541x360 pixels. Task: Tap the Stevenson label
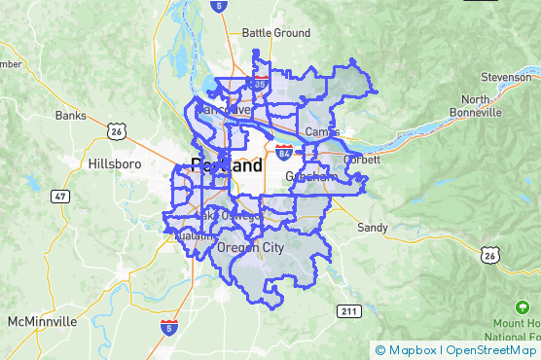pos(506,77)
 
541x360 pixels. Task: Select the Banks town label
pos(70,115)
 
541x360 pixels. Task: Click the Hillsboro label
pos(114,163)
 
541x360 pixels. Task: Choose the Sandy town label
pos(373,228)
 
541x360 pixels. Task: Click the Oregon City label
pos(250,248)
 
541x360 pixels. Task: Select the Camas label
pos(321,131)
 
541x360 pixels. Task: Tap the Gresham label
pos(311,178)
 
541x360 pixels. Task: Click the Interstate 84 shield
pos(283,153)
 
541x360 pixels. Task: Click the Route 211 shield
pos(349,310)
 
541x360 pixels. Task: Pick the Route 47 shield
pos(60,197)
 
